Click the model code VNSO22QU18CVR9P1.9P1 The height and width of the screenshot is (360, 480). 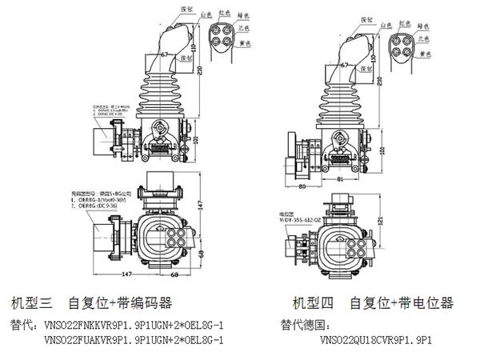(x=377, y=339)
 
